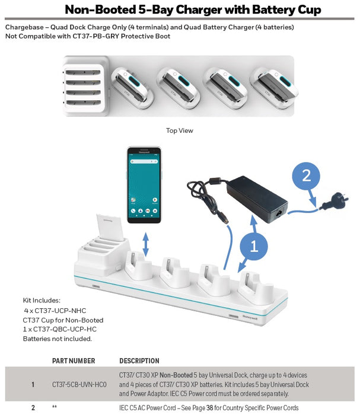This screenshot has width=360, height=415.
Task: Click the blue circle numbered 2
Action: pos(306,175)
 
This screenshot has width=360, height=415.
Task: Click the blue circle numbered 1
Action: pos(254,246)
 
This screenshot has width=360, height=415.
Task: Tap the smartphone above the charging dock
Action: pos(144,185)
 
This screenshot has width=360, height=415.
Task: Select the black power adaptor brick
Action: pos(257,199)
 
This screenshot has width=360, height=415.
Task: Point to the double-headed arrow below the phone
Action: pos(145,244)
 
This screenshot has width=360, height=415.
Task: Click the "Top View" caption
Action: pos(180,130)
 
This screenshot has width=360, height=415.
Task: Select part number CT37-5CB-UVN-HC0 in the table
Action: pos(79,384)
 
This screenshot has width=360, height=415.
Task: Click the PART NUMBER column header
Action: pos(74,360)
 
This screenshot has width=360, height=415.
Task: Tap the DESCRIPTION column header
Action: pos(139,360)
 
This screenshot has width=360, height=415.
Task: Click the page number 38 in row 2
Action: pos(209,408)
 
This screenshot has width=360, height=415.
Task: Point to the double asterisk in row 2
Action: pos(54,407)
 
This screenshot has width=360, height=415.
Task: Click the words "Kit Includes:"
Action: pos(42,301)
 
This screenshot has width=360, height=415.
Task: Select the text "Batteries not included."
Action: pos(57,339)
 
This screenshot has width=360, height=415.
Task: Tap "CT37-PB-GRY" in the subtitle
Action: pos(95,36)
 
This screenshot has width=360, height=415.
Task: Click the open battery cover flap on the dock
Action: pos(110,227)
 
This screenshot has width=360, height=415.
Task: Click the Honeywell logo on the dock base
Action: pos(250,318)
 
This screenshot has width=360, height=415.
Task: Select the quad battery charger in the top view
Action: pos(85,87)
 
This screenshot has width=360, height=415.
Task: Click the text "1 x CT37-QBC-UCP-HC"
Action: pos(59,329)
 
